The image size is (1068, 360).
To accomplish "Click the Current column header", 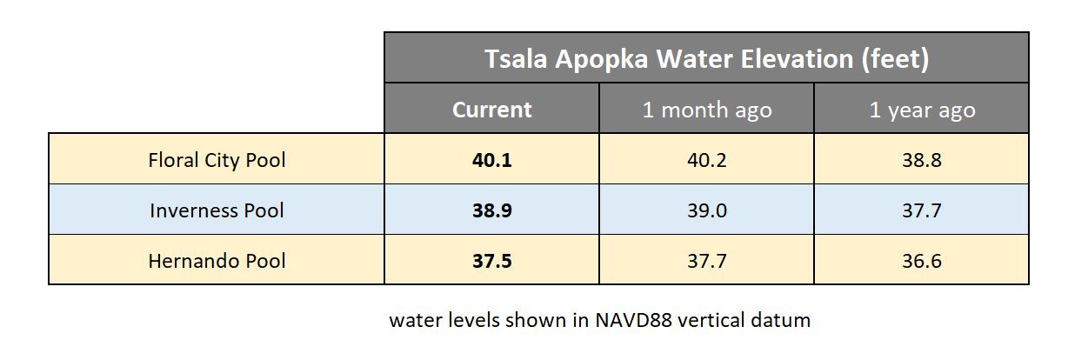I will [491, 110].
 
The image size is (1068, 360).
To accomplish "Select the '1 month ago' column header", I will [706, 110].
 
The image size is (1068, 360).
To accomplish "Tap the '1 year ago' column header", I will [922, 110].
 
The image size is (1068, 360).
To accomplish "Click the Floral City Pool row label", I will [217, 160].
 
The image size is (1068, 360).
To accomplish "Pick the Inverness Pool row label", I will [217, 210].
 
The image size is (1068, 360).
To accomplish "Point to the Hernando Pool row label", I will [217, 261].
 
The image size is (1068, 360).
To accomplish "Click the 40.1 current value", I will [491, 160].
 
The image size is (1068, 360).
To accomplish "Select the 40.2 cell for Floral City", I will [706, 160].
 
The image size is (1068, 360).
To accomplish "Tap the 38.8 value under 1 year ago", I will [922, 160].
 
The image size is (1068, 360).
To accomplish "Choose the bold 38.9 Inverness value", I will [491, 210].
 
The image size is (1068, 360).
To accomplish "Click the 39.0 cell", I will [706, 210].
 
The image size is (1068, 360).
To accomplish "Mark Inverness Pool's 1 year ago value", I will [922, 210].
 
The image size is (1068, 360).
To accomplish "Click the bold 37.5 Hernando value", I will [491, 261].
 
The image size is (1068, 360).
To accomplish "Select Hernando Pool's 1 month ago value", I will [706, 261].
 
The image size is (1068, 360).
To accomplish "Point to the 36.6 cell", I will [922, 261].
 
